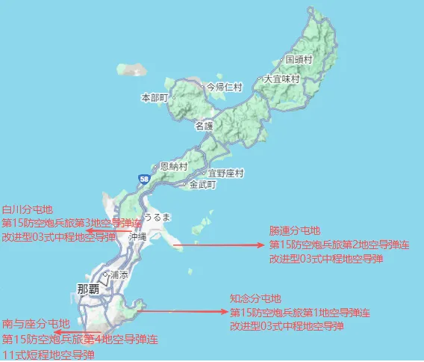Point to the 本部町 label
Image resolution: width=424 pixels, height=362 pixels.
pos(155,97)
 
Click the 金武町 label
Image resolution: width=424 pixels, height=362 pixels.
pos(202,183)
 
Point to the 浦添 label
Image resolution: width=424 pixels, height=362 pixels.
pos(119,274)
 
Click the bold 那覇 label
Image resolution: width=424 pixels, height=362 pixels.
pos(92,288)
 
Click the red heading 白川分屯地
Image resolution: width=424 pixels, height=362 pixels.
pos(28,210)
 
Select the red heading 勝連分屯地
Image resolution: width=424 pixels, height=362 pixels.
pos(294,230)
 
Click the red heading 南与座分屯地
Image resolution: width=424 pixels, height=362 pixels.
pos(37,324)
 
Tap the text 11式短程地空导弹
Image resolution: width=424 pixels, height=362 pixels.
pos(49,354)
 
